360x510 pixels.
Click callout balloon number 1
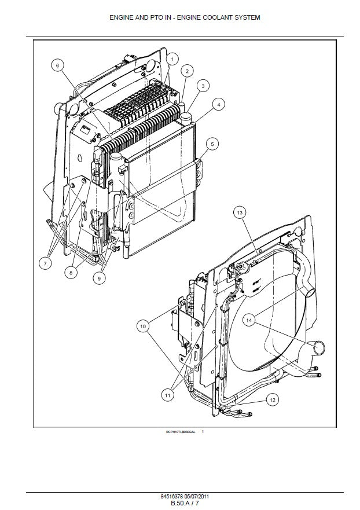(172, 58)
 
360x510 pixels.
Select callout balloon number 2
(186, 71)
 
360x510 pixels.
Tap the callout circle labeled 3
(203, 86)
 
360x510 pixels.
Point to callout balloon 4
(218, 105)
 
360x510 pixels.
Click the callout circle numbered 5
(212, 144)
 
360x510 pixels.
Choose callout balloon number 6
(57, 65)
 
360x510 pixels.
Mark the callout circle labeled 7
(45, 263)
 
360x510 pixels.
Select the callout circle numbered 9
(98, 278)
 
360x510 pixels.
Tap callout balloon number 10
(143, 327)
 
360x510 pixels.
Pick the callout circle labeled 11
(168, 395)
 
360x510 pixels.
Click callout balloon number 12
(272, 399)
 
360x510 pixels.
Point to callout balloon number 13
(240, 213)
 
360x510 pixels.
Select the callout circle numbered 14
(249, 320)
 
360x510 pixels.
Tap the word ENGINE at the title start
(122, 18)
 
